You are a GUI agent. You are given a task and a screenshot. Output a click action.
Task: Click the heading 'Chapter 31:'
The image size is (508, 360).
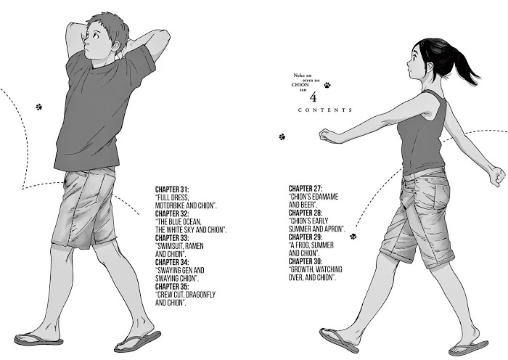click(172, 189)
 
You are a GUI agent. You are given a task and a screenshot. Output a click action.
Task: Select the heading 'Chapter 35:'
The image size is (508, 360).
click(172, 287)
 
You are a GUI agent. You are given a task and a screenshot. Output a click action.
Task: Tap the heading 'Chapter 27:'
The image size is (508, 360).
click(306, 189)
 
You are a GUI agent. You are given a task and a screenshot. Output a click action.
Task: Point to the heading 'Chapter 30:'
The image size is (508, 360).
click(306, 261)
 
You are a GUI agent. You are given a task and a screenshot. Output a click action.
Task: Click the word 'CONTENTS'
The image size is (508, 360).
click(325, 110)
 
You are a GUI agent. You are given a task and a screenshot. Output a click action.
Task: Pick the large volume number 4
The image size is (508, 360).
click(313, 97)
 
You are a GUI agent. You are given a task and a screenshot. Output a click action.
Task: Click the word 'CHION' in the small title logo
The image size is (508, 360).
click(300, 85)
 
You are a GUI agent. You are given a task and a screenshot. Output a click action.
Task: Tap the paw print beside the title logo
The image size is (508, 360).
click(327, 85)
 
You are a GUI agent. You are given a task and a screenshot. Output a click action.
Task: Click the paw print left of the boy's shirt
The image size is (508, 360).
click(39, 107)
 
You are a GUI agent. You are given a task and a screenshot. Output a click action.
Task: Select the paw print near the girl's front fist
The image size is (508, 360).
click(282, 136)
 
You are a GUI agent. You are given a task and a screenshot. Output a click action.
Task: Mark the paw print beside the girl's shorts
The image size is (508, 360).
click(353, 237)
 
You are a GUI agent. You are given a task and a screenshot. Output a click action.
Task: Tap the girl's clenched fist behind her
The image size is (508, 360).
click(497, 176)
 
